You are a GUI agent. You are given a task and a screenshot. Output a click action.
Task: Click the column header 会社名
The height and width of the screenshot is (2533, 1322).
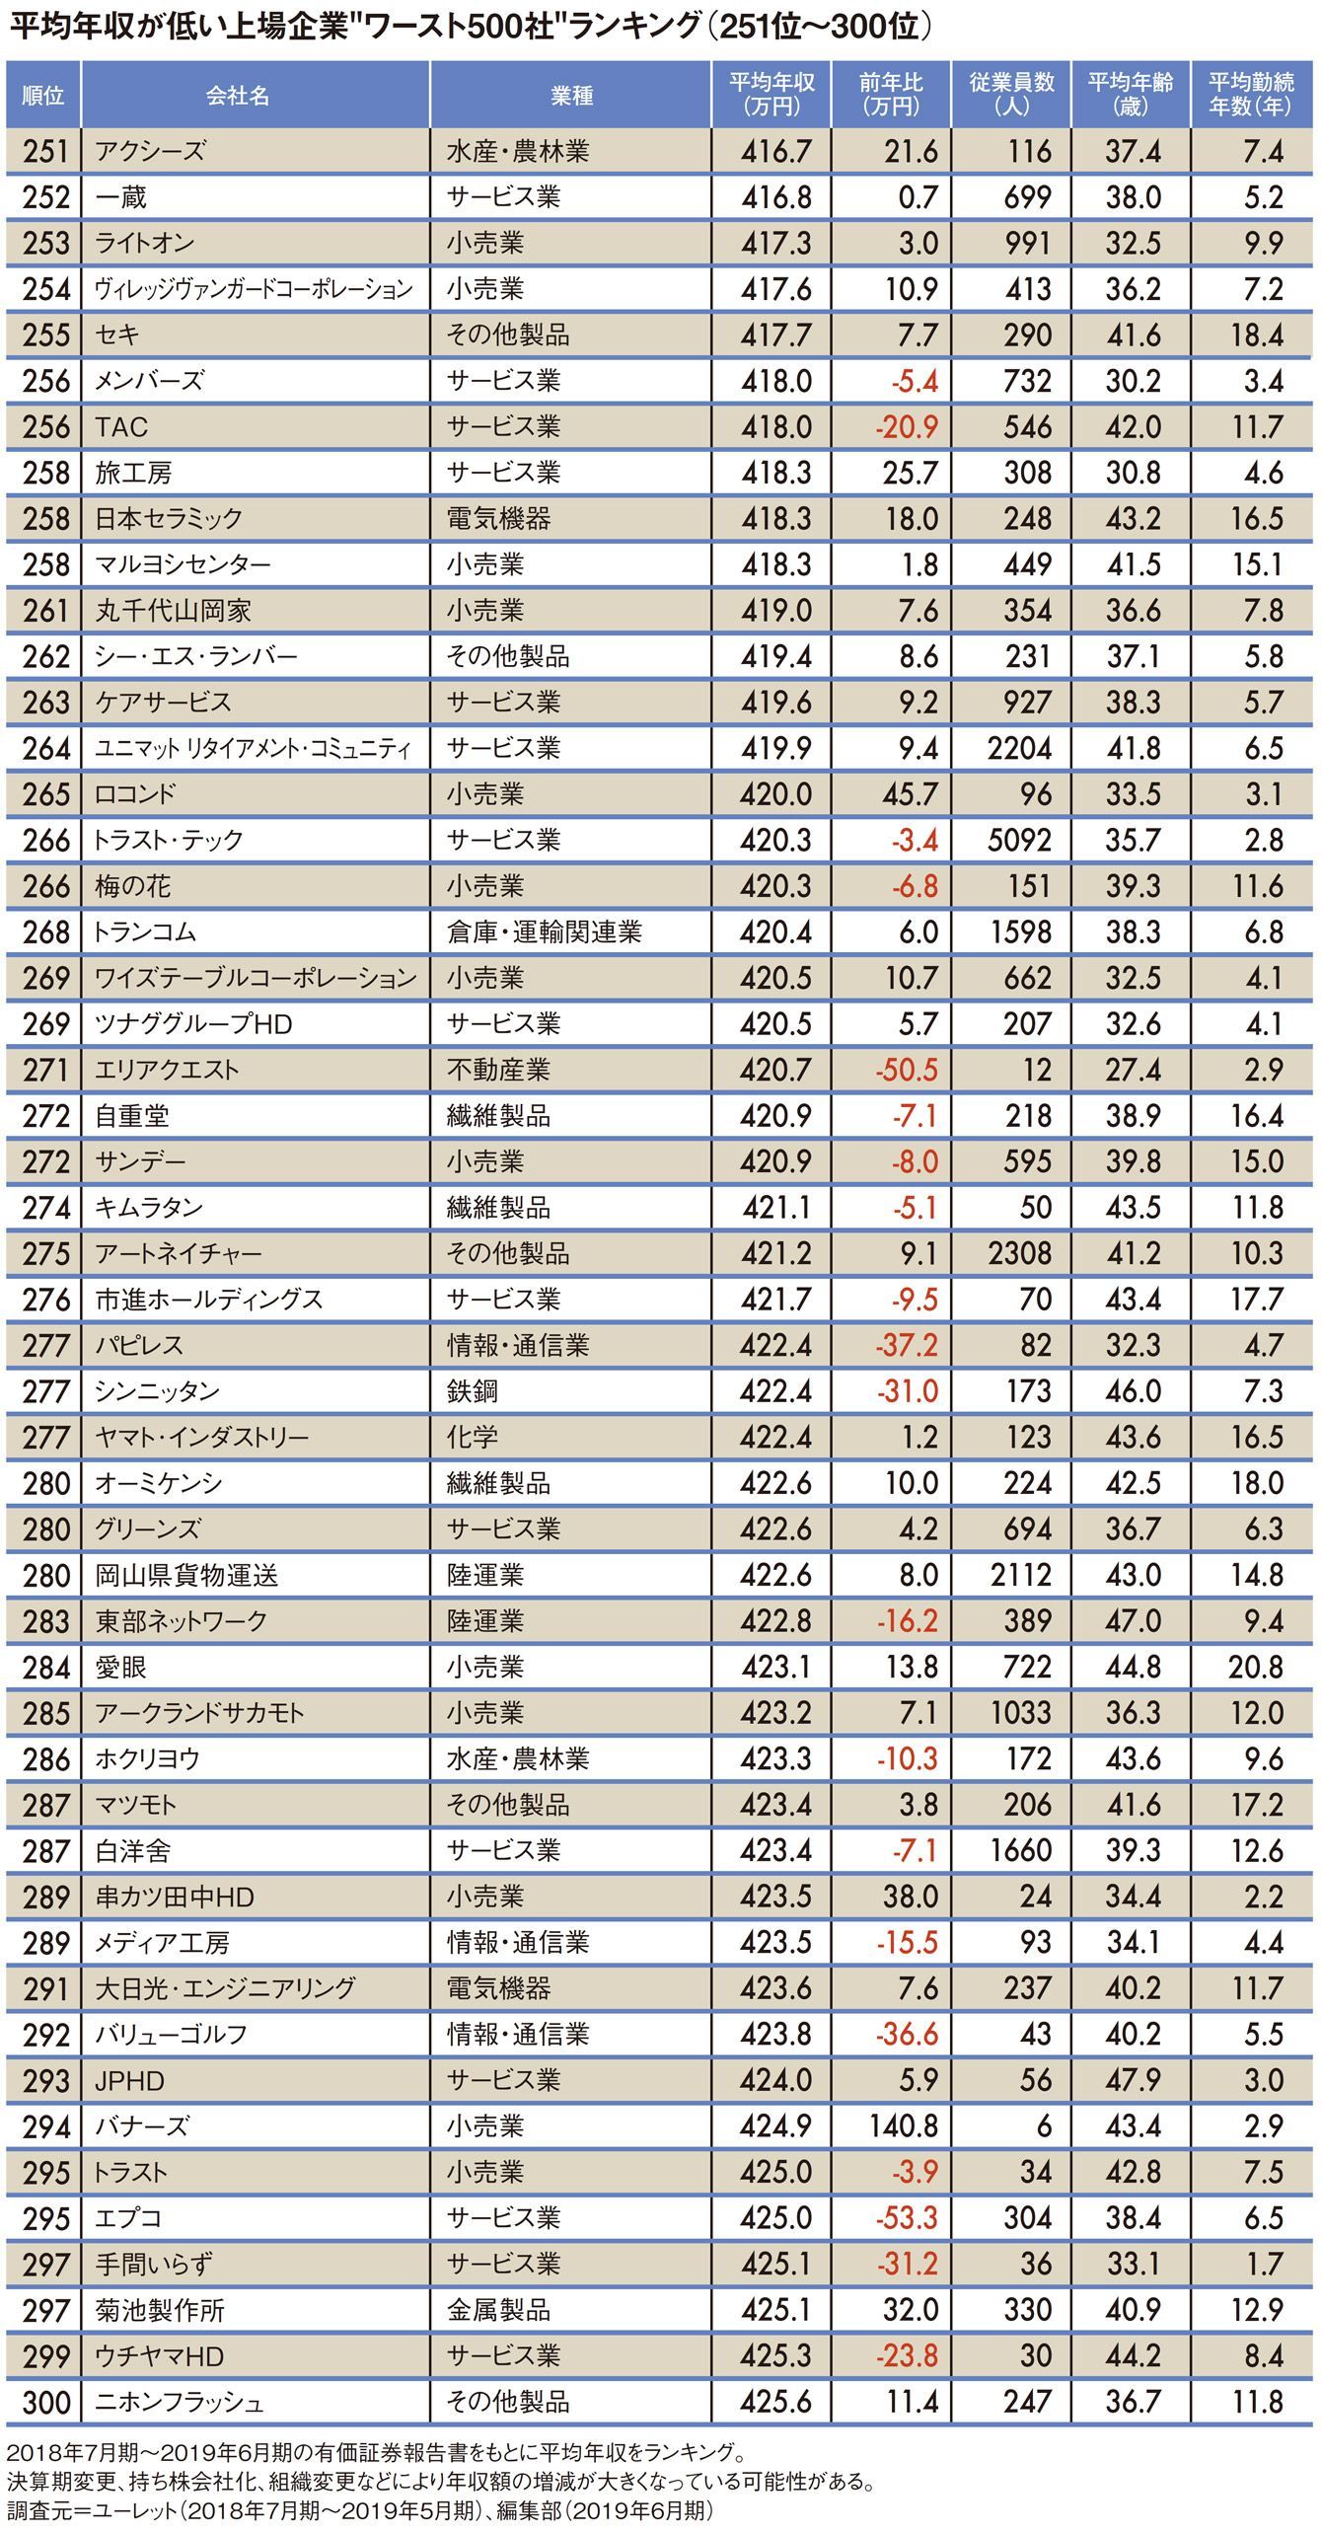tap(238, 96)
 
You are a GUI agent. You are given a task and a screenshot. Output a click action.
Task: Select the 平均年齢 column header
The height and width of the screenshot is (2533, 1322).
tap(1131, 95)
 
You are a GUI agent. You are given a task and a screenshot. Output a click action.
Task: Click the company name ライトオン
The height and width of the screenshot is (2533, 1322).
tap(145, 244)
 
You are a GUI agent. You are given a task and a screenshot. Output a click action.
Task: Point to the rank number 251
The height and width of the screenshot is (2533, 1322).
tap(45, 152)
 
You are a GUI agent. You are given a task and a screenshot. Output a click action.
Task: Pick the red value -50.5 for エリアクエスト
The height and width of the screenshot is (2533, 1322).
tap(906, 1070)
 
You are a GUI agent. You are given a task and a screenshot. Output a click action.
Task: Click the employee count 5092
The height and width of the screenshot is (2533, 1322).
tap(1019, 840)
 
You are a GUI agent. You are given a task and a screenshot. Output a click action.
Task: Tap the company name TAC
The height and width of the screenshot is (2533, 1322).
tap(121, 427)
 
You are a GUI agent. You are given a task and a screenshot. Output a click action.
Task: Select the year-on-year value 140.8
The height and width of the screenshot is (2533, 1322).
tap(903, 2125)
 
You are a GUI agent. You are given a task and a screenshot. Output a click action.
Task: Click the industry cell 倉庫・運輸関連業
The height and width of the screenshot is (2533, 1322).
tap(544, 931)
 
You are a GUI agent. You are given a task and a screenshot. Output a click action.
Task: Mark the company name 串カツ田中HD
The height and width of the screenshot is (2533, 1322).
tap(175, 1897)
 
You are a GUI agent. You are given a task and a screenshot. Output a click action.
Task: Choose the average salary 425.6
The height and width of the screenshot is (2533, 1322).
tap(775, 2402)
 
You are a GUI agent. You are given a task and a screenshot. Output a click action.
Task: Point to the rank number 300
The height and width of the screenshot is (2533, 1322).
tap(45, 2402)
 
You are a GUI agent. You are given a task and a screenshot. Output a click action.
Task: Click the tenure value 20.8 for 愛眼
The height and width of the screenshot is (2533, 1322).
tap(1255, 1667)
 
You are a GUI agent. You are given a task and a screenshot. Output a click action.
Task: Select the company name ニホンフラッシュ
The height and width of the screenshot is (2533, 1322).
tap(180, 2402)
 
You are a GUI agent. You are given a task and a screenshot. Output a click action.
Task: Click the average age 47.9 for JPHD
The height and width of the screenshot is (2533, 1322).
tap(1133, 2080)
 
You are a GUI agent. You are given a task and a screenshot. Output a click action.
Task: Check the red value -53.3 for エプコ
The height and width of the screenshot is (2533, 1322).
tap(906, 2217)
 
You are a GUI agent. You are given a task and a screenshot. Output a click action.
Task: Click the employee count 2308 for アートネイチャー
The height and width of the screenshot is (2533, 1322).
tap(1019, 1253)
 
